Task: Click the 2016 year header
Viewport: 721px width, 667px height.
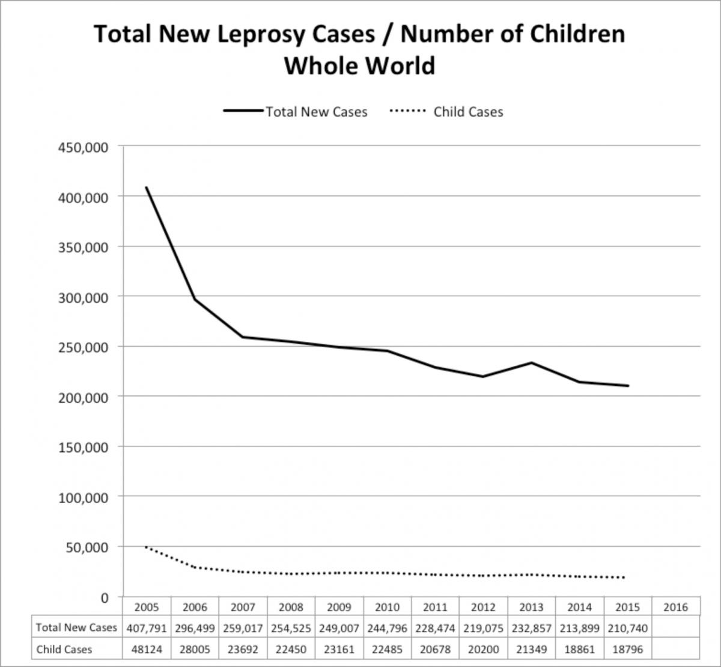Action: [x=675, y=607]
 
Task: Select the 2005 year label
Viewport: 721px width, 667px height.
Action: [x=147, y=607]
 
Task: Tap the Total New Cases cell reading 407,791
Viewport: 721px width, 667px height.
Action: [x=147, y=628]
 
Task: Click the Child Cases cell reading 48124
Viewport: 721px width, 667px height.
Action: [x=147, y=649]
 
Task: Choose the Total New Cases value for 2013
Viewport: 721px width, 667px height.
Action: [x=531, y=628]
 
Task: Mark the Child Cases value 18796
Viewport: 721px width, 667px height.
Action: [x=627, y=649]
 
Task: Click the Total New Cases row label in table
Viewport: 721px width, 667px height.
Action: [x=76, y=628]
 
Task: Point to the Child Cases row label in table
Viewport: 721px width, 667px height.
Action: [x=64, y=649]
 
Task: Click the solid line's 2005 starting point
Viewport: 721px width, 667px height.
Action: [x=147, y=187]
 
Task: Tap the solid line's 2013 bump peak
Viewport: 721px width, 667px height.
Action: [x=531, y=362]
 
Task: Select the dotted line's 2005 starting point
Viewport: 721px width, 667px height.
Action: [x=147, y=547]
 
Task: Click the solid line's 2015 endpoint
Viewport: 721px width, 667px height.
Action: [x=627, y=386]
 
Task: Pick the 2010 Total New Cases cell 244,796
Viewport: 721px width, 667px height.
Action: [x=387, y=628]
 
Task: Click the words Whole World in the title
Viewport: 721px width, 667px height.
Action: [x=359, y=65]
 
